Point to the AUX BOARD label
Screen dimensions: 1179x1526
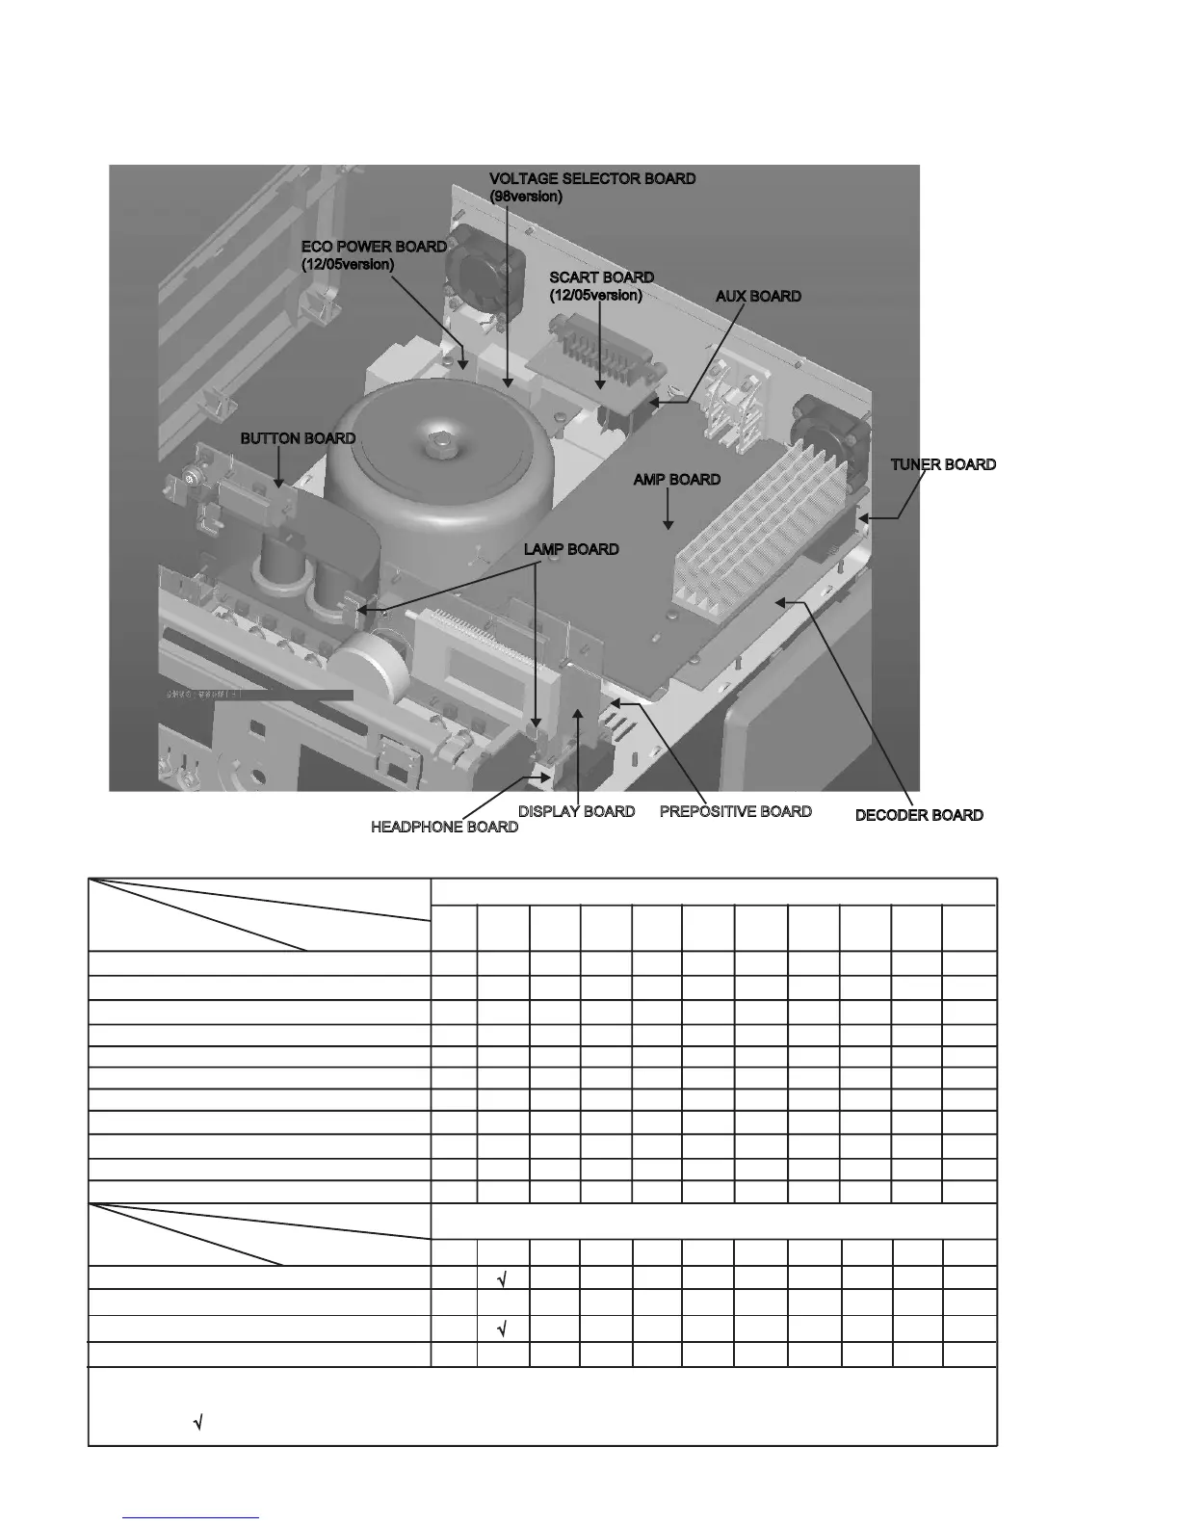[x=758, y=296]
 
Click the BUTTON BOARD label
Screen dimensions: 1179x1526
[x=298, y=438]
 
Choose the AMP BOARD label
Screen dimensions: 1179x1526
[x=676, y=479]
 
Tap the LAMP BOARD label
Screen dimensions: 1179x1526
[x=571, y=549]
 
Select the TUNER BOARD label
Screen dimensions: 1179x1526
[x=943, y=464]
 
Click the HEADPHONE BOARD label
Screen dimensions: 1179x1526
[x=444, y=827]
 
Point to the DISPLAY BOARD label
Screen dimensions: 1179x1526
[x=576, y=811]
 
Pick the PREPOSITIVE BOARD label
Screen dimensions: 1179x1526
[x=735, y=811]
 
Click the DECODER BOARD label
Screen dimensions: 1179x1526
[x=919, y=815]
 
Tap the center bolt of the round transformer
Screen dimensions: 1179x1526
[x=441, y=445]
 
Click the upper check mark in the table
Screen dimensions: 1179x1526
[x=503, y=1279]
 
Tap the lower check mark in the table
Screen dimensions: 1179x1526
[x=503, y=1330]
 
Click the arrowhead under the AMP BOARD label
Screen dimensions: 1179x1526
[x=668, y=524]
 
